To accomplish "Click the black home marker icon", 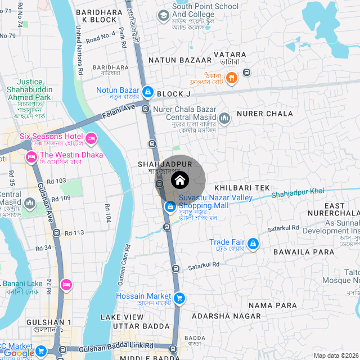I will click(180, 181).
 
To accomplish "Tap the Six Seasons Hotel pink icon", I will click(91, 138).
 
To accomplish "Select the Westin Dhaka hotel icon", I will click(31, 156).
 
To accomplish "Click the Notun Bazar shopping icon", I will click(148, 91).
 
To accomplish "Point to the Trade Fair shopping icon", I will click(253, 243).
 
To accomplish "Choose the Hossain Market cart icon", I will click(179, 298).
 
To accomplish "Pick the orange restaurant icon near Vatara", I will click(231, 78).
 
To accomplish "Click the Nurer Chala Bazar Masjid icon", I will click(225, 118).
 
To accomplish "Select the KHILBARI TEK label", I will click(242, 187).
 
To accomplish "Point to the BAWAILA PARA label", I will click(304, 252).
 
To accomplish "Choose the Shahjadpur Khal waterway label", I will click(298, 193).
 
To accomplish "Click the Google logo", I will click(18, 353).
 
